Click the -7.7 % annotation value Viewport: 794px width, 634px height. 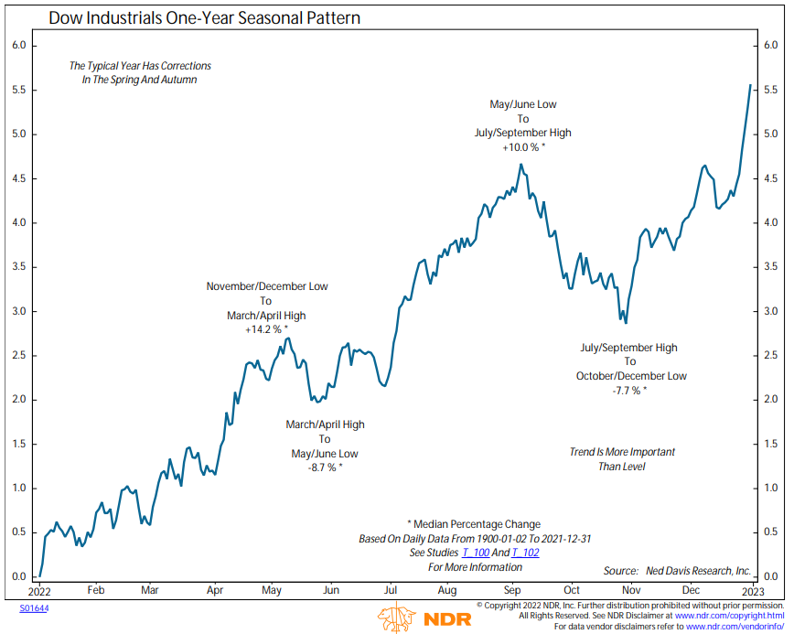[x=630, y=390]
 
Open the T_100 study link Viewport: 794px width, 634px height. [x=475, y=553]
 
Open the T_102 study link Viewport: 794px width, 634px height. [x=525, y=553]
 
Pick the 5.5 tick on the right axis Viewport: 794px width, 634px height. [x=771, y=91]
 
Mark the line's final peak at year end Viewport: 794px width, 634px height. [x=751, y=86]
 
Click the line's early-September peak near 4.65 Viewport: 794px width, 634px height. [x=520, y=165]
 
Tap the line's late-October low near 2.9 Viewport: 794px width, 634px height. [x=626, y=322]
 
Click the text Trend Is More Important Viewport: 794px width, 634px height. [x=622, y=452]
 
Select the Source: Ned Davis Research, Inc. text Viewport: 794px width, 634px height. [x=677, y=571]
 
